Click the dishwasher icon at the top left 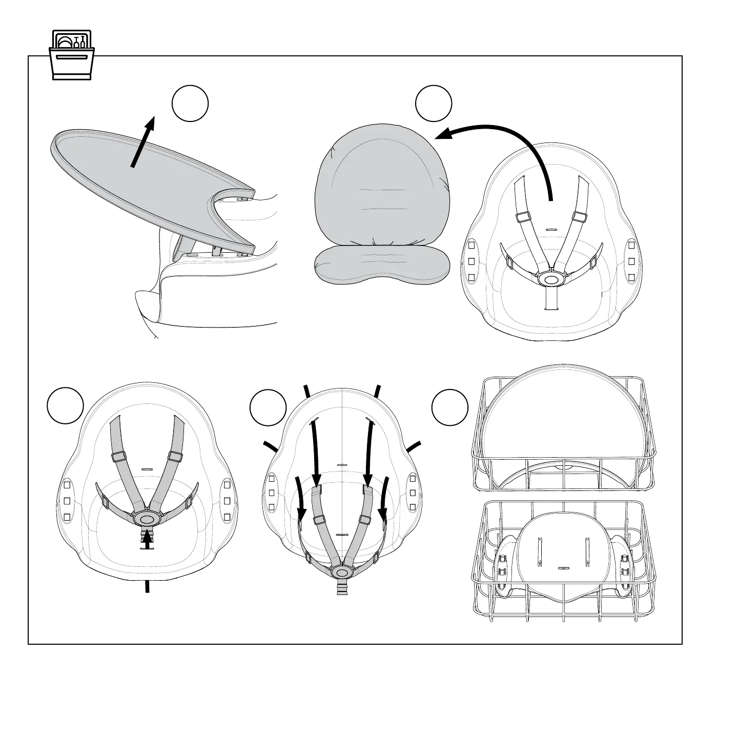point(72,55)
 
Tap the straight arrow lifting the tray point(143,141)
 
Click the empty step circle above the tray point(190,104)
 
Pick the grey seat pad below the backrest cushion point(382,263)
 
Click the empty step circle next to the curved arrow point(434,104)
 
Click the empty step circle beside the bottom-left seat point(65,405)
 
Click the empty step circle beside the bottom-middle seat point(268,407)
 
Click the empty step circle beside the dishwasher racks point(450,408)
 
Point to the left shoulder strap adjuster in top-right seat point(523,216)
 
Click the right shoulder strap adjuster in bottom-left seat point(175,456)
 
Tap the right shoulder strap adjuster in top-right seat point(580,216)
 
